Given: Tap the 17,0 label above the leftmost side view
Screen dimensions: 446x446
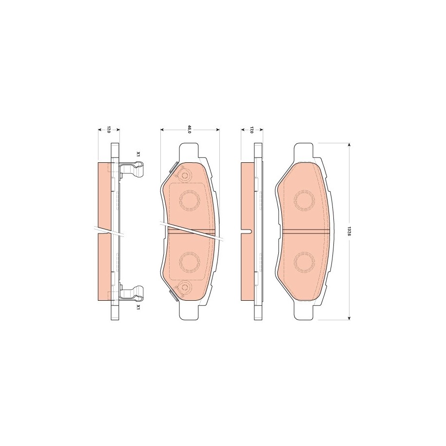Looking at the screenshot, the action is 108,130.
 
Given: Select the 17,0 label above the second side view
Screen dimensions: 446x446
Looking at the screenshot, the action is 252,130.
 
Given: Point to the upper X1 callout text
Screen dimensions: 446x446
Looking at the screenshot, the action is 138,155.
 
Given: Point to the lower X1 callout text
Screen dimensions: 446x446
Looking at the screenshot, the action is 138,307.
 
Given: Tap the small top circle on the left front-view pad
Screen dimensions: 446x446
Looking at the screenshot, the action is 185,175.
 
